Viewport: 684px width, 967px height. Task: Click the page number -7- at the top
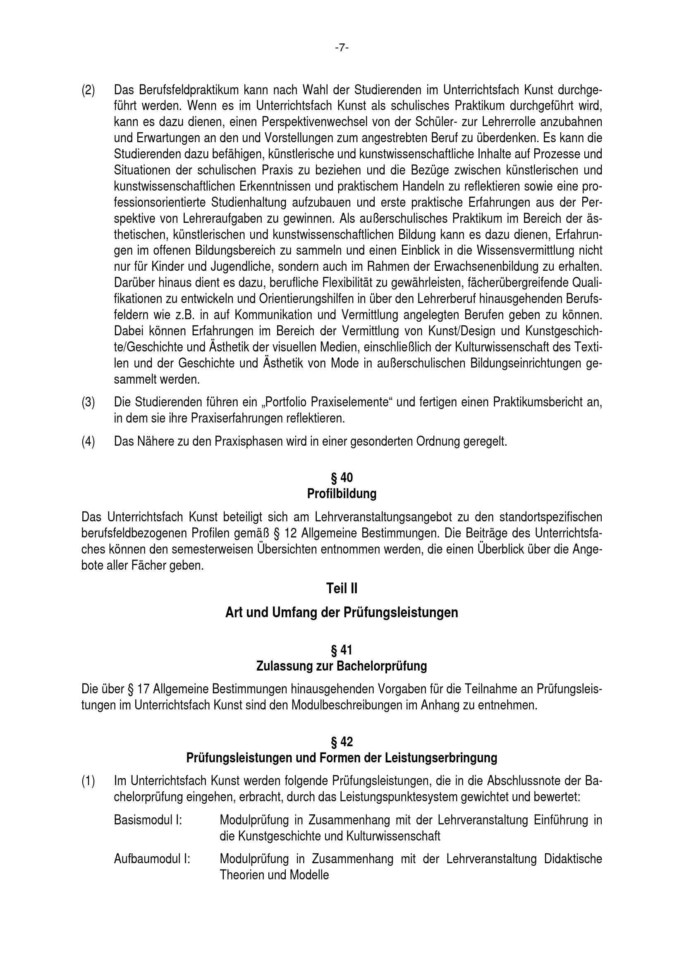tap(342, 48)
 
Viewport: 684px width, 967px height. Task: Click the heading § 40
tap(342, 478)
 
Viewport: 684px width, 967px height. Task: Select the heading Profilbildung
tap(342, 494)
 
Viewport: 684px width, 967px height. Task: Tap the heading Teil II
tap(342, 588)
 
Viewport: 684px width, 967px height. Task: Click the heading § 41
tap(342, 651)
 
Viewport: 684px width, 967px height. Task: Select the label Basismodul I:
tap(148, 820)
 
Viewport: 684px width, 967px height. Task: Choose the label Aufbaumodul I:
tap(152, 859)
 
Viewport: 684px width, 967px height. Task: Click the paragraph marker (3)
tap(88, 402)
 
